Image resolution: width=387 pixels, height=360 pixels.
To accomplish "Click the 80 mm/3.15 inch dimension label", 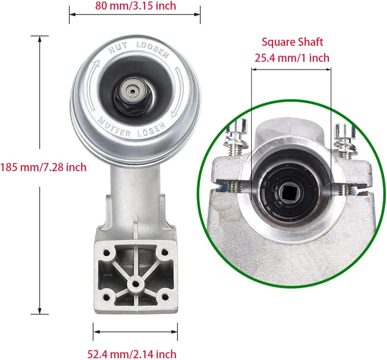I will [x=136, y=6].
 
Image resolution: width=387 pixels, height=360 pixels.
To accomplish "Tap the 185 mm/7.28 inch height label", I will [x=43, y=167].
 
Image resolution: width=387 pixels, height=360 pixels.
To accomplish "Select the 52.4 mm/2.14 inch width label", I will [x=132, y=354].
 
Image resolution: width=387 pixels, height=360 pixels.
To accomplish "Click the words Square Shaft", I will [x=292, y=42].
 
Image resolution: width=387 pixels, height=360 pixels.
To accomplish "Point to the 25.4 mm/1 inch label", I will [x=292, y=58].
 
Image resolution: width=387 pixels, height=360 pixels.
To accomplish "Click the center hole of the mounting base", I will [x=135, y=284].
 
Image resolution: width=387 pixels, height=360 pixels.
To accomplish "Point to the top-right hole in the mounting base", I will [x=164, y=253].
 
